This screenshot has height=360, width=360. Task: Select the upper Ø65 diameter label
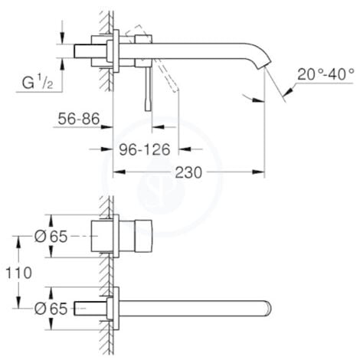coord(52,236)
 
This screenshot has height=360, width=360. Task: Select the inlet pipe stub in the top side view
coord(83,51)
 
